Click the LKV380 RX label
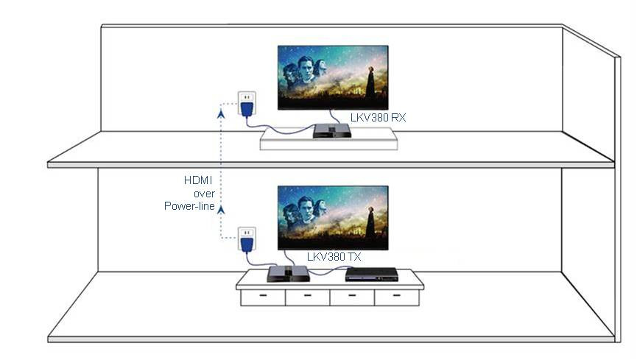(378, 118)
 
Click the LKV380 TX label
(334, 257)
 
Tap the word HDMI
(198, 180)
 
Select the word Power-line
(189, 206)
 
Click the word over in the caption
(204, 194)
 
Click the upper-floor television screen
(333, 77)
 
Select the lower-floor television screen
(333, 218)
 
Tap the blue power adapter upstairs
(247, 109)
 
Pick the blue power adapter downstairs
(247, 244)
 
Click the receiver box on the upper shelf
(332, 131)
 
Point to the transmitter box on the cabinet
(288, 273)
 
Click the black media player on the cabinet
(371, 275)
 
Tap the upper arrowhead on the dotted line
(221, 114)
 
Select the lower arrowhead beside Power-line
(221, 210)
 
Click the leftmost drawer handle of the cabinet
(263, 295)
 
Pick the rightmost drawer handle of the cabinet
(396, 295)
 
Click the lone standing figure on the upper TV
(370, 82)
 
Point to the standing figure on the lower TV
(370, 223)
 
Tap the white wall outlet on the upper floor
(247, 99)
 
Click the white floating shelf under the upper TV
(328, 139)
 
